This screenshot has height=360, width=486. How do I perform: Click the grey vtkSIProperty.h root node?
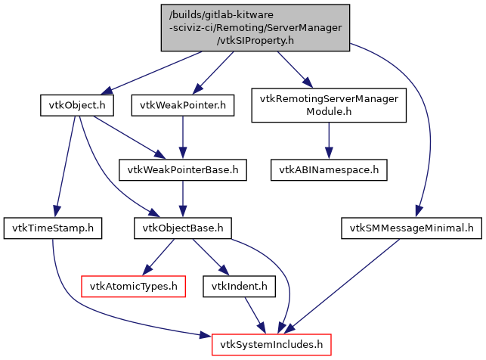pos(255,28)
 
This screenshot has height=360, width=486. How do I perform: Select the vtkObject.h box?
pos(76,105)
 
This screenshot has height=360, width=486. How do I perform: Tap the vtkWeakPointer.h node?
pos(182,105)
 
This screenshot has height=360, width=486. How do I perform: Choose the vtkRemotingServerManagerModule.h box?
pos(330,105)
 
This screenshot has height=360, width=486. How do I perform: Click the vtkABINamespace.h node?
pos(330,170)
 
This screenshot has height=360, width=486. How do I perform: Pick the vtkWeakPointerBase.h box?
pos(182,170)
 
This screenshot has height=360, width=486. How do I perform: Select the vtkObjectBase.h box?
pos(182,227)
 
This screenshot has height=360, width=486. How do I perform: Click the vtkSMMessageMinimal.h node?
pos(411,227)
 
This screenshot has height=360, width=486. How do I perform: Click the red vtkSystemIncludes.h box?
pos(271,346)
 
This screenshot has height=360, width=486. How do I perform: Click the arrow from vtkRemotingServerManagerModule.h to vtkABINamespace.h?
pos(330,138)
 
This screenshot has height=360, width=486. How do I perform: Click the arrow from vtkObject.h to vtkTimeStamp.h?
pos(65,163)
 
